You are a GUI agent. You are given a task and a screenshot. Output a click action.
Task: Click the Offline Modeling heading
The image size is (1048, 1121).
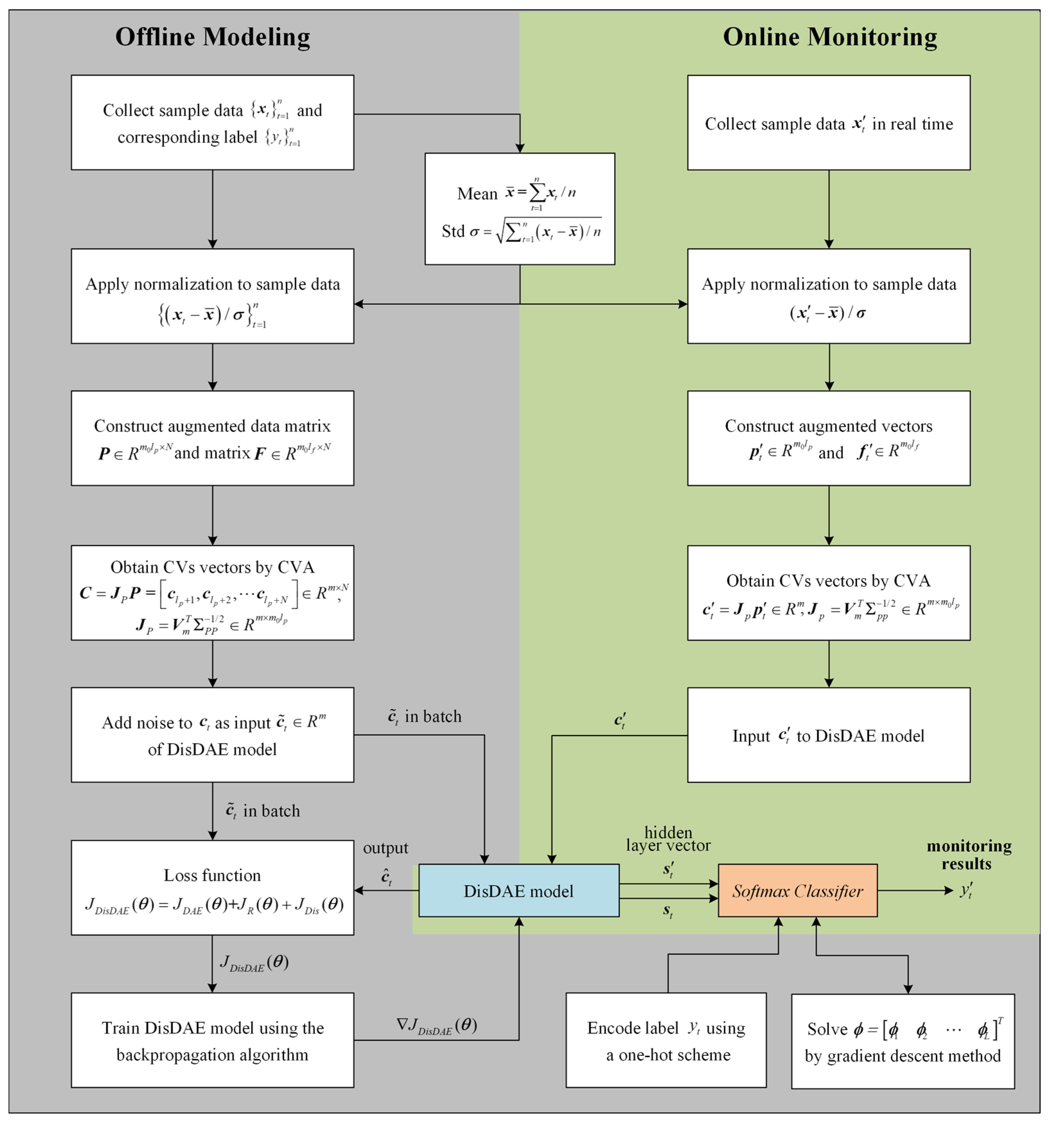tap(213, 37)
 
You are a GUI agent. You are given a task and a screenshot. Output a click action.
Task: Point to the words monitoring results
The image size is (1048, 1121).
tap(968, 854)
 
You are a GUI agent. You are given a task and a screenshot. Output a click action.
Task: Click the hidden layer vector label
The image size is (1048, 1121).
tap(668, 839)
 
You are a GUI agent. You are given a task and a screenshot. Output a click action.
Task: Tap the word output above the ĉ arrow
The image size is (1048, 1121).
tap(386, 847)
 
